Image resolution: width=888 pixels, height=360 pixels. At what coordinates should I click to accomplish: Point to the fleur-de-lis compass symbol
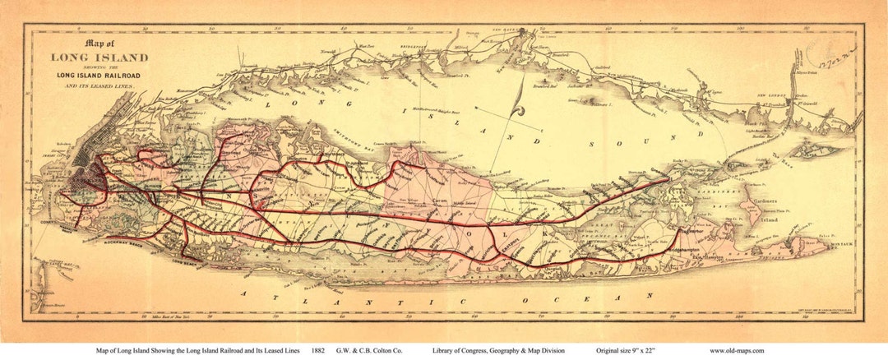pyautogui.click(x=516, y=106)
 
